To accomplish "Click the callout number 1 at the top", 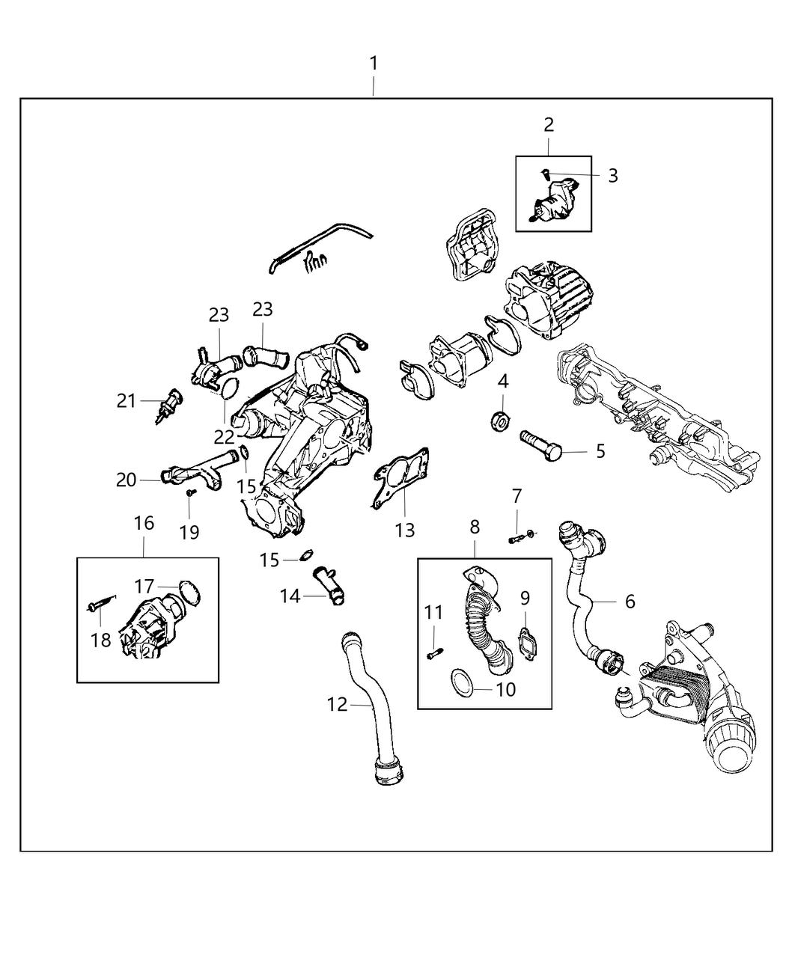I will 373,64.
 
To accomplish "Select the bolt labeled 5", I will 538,445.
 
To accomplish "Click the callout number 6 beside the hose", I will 630,601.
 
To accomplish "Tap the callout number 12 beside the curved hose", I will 338,704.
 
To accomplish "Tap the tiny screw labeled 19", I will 191,492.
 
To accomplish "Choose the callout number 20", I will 127,480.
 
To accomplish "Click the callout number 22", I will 224,435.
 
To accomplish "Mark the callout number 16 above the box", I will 144,523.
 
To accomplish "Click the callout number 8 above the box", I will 475,527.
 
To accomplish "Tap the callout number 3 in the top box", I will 612,176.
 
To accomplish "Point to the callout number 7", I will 517,495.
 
